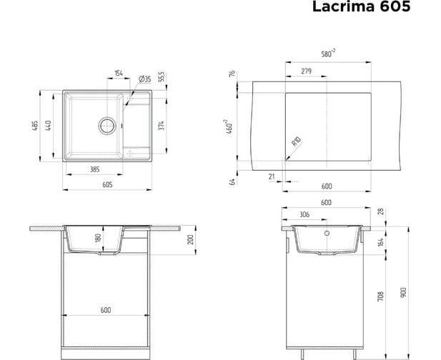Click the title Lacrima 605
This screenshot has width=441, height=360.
(x=361, y=6)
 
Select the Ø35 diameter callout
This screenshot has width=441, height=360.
(x=145, y=79)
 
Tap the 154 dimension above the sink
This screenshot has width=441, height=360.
(x=119, y=73)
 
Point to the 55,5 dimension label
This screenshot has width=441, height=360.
(x=162, y=76)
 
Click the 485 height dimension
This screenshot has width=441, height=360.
(x=35, y=126)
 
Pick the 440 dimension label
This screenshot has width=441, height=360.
(x=48, y=126)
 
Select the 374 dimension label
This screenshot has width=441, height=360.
(x=161, y=125)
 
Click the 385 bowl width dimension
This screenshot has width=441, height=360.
(x=95, y=169)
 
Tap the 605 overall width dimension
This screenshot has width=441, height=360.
(x=107, y=184)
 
